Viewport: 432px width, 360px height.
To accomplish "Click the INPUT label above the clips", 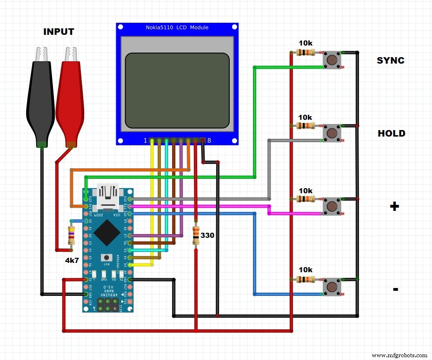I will click(x=59, y=32).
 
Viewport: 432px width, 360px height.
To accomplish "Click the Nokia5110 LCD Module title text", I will click(x=178, y=28).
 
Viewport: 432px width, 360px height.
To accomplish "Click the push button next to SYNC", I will click(x=332, y=60).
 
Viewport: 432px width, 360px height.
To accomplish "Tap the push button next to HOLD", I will click(x=332, y=133).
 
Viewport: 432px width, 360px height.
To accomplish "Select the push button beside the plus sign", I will click(x=332, y=206).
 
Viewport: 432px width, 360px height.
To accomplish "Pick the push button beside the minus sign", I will click(x=332, y=286).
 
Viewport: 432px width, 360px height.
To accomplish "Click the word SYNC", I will click(x=390, y=60).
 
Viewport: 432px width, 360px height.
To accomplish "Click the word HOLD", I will click(x=391, y=133).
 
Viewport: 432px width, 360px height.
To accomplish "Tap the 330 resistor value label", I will click(x=207, y=236).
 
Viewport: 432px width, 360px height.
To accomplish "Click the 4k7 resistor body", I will click(x=71, y=236).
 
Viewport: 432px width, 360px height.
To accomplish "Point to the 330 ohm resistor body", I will click(x=196, y=236).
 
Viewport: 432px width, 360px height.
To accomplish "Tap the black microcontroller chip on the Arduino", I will click(x=108, y=232).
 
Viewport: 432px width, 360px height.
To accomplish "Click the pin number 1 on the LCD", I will click(x=146, y=140).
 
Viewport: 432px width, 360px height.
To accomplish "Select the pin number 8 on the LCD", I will click(x=209, y=140).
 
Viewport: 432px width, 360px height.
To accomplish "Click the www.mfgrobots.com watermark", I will click(x=399, y=355).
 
